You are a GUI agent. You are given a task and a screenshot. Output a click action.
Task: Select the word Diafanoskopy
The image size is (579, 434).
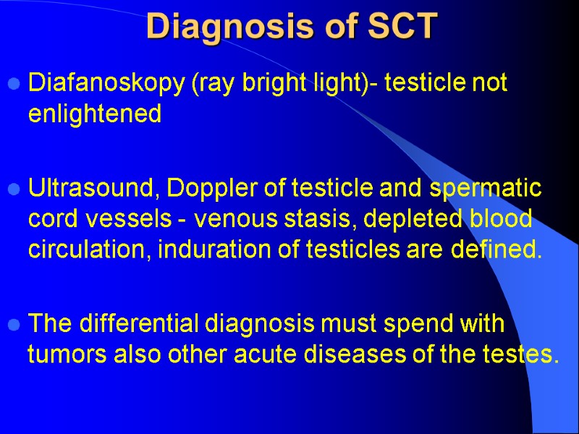pos(107,85)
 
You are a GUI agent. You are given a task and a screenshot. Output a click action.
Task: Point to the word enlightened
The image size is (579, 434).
pos(94,115)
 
